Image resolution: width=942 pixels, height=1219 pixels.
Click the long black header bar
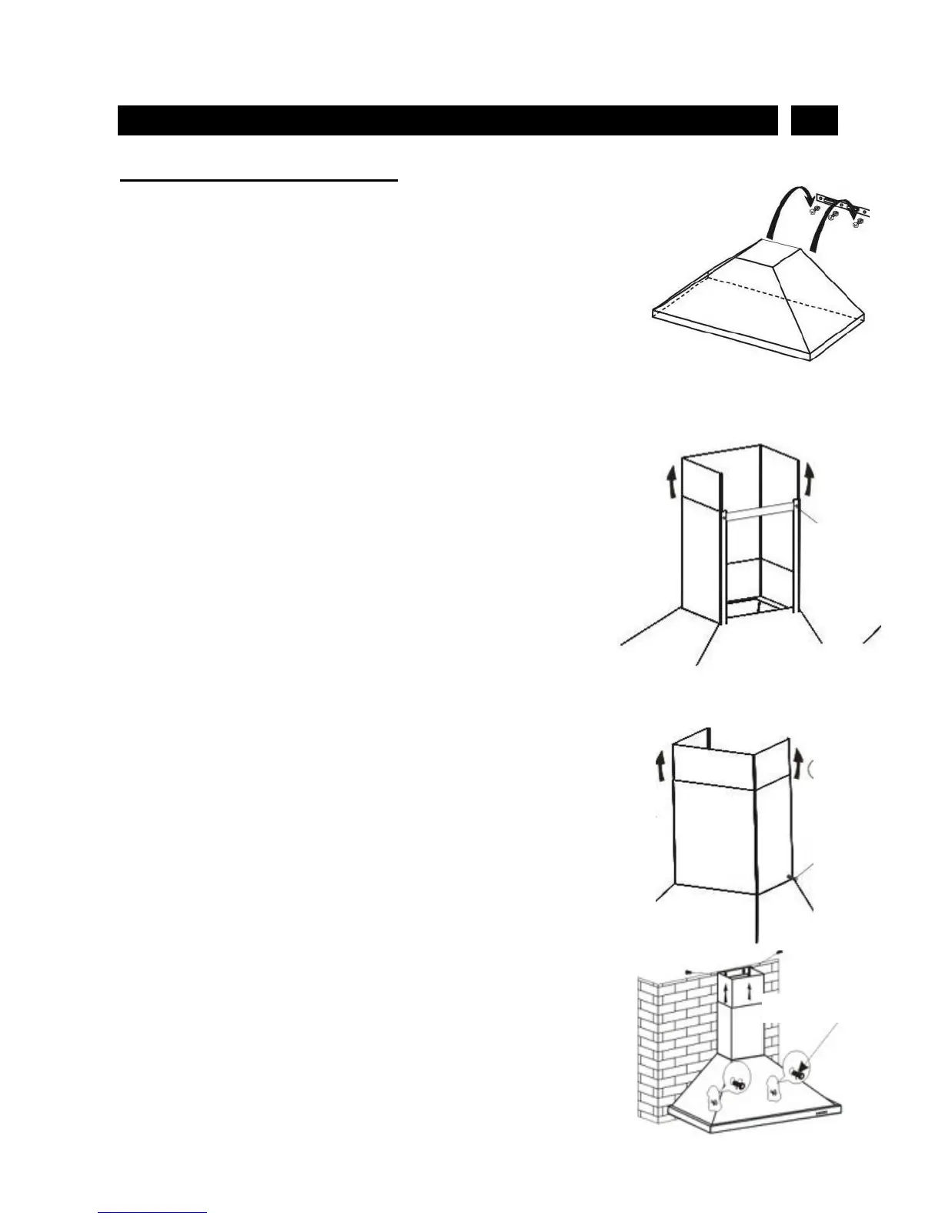pyautogui.click(x=447, y=121)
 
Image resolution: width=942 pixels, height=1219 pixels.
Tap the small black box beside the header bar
pyautogui.click(x=814, y=121)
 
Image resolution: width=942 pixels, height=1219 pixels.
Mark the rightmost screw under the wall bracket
pyautogui.click(x=857, y=223)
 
